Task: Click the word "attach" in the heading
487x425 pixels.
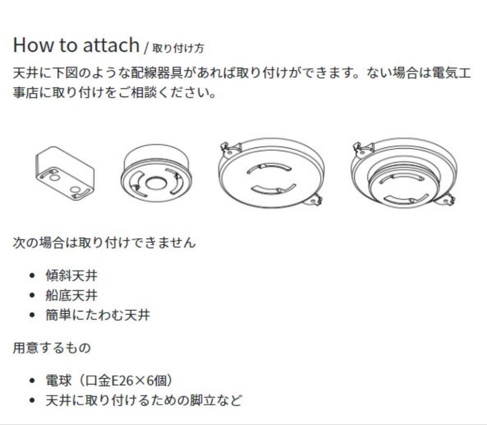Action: coord(111,45)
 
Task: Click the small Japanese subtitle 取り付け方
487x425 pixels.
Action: coord(178,48)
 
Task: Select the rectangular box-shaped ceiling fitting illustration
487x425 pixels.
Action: coord(65,174)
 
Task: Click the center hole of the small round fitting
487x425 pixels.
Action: coord(156,183)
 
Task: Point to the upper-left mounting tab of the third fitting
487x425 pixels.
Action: coord(230,150)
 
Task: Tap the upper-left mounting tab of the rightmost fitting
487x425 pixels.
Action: coord(362,149)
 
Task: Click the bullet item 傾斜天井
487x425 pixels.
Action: coord(71,275)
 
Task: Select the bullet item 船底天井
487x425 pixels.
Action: coord(71,295)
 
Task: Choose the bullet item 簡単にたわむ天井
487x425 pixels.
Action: coord(98,315)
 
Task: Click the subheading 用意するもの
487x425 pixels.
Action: coord(52,347)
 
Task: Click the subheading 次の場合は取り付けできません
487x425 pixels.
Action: coord(104,242)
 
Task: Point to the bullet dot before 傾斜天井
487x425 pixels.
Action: coord(32,276)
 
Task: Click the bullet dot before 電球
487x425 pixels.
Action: coord(32,380)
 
